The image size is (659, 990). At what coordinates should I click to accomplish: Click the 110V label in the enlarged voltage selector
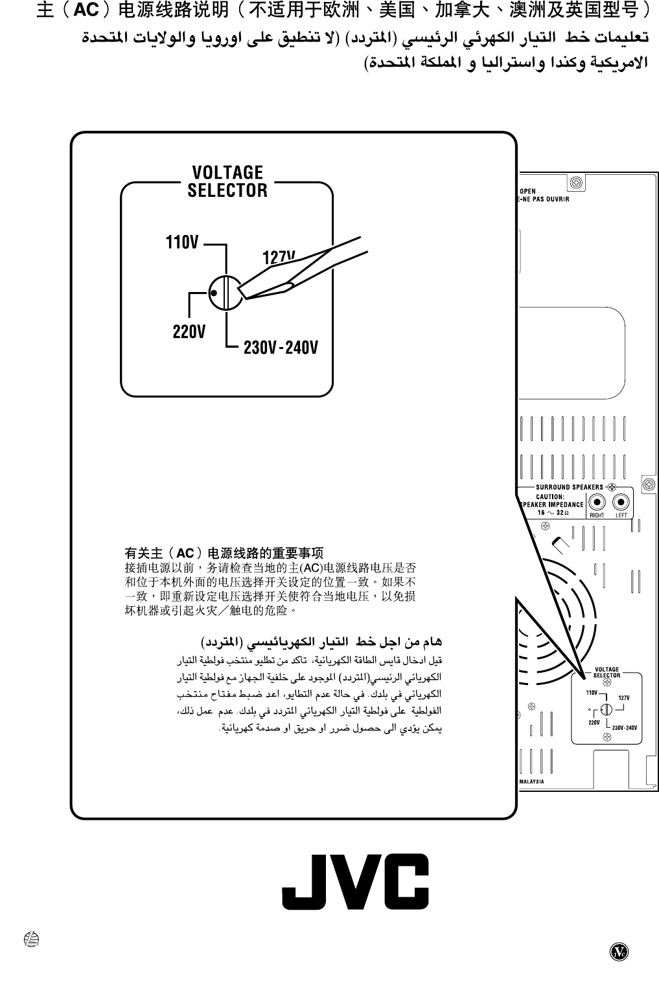click(182, 243)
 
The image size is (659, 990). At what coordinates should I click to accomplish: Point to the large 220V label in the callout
click(189, 332)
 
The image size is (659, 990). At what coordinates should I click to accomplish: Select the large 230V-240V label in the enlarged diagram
click(281, 348)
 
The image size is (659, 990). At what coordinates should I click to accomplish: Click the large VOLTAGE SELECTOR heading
click(227, 181)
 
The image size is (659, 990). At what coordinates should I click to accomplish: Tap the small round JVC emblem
click(619, 951)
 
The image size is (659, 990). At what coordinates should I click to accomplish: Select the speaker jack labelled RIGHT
click(597, 502)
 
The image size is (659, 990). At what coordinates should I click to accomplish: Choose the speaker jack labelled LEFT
click(621, 502)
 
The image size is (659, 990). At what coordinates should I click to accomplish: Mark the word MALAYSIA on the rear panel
click(531, 782)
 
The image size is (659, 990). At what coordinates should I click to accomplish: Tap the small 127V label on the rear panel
click(624, 697)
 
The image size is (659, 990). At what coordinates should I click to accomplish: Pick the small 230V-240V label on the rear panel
click(625, 728)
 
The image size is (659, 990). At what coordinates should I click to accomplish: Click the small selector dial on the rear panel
click(607, 709)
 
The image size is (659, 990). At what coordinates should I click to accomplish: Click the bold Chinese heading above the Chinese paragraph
click(224, 554)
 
